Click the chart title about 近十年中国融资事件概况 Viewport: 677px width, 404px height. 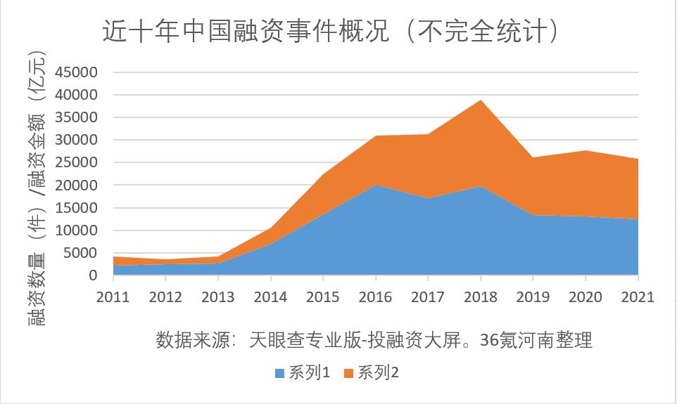click(331, 32)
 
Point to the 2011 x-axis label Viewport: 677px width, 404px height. click(113, 297)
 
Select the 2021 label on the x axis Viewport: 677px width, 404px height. click(637, 297)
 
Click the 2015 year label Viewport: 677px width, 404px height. click(322, 297)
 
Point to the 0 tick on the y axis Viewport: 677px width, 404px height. click(91, 275)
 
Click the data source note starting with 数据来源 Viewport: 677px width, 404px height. click(373, 341)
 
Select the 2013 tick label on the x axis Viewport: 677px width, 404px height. click(217, 297)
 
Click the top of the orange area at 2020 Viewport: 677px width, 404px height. click(584, 151)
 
